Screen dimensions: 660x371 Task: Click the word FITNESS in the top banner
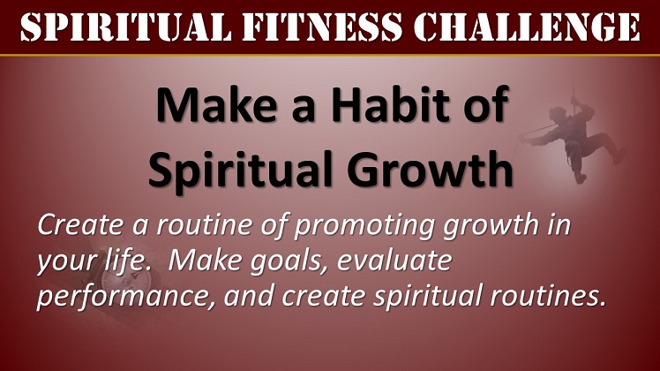click(x=322, y=27)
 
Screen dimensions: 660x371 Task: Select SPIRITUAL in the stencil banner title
click(x=125, y=27)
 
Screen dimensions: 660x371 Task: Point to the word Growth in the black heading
click(x=431, y=169)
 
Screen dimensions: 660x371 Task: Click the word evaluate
click(x=394, y=261)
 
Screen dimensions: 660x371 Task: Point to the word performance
click(x=126, y=298)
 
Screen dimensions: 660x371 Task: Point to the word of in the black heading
click(x=486, y=104)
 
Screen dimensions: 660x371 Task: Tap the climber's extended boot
click(x=619, y=155)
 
